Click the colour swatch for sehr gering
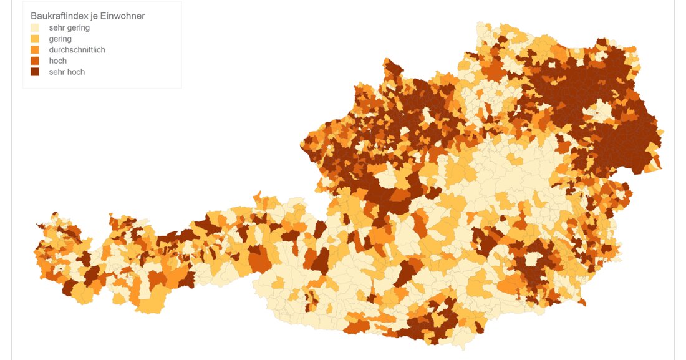(35, 27)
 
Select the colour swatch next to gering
(35, 39)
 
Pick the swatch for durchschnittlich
(35, 50)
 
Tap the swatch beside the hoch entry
(35, 61)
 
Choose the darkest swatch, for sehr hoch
(35, 72)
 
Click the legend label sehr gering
(69, 27)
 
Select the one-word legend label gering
(60, 39)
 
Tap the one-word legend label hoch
(58, 61)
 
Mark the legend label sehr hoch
(67, 72)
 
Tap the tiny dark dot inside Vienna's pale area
(597, 113)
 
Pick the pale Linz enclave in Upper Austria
(428, 116)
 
